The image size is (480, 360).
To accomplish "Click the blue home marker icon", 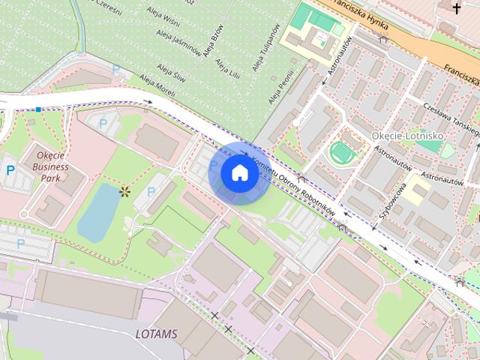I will pos(239,173).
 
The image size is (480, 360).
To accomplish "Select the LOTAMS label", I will pos(157,333).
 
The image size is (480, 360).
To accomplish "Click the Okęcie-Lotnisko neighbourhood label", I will pos(407,136).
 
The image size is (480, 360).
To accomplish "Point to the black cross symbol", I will pos(457,7).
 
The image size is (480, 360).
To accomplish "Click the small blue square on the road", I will pos(38,109).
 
